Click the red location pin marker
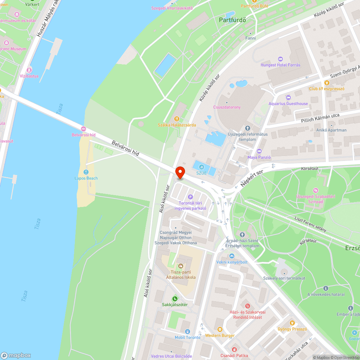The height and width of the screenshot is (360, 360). pyautogui.click(x=180, y=172)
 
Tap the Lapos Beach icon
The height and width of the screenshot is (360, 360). pyautogui.click(x=86, y=172)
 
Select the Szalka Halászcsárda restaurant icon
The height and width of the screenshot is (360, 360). pyautogui.click(x=176, y=119)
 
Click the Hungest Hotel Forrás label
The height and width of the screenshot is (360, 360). pyautogui.click(x=280, y=65)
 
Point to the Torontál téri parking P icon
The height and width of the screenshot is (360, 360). pyautogui.click(x=190, y=197)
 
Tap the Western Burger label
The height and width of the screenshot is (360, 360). pyautogui.click(x=220, y=336)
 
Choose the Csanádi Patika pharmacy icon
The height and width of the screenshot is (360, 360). pyautogui.click(x=234, y=349)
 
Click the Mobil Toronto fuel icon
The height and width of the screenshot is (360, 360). pyautogui.click(x=187, y=331)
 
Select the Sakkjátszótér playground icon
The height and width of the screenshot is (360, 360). pyautogui.click(x=175, y=298)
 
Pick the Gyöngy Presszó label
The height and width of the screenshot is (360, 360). pyautogui.click(x=292, y=329)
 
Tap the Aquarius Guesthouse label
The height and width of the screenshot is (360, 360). pyautogui.click(x=288, y=104)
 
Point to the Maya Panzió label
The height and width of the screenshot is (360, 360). pyautogui.click(x=259, y=157)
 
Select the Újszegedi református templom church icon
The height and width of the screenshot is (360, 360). pyautogui.click(x=247, y=128)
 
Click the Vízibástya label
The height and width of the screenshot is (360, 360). pyautogui.click(x=29, y=76)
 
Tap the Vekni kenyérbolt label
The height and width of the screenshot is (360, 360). pyautogui.click(x=232, y=262)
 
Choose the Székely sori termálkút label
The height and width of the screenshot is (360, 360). pyautogui.click(x=284, y=278)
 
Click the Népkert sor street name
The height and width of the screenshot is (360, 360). pyautogui.click(x=252, y=179)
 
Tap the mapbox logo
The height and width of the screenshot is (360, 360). pyautogui.click(x=16, y=355)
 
